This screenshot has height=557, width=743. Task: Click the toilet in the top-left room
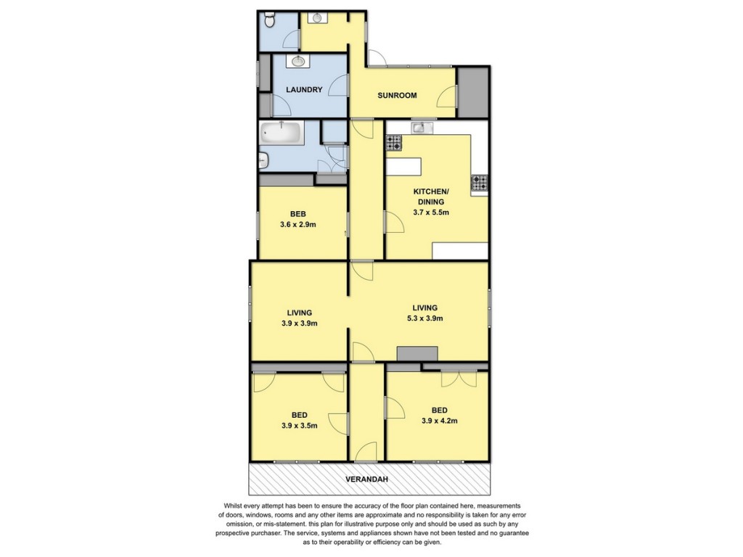(268, 21)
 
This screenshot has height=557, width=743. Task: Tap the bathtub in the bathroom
(282, 133)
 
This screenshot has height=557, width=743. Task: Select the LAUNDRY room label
(304, 89)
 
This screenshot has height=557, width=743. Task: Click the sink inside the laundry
(297, 61)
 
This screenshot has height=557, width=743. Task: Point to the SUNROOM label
(397, 95)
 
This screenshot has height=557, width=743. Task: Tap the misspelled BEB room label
(298, 214)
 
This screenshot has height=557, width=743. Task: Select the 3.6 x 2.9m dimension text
(298, 225)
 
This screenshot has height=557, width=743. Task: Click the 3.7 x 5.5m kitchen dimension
(431, 213)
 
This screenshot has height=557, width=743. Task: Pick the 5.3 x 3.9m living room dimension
(425, 318)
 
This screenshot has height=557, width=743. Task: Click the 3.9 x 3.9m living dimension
(299, 323)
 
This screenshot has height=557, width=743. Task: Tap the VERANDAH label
(366, 479)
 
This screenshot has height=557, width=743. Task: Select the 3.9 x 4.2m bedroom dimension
(439, 421)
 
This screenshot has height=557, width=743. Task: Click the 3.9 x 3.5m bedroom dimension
(299, 426)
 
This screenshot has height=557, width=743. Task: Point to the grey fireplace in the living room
(417, 354)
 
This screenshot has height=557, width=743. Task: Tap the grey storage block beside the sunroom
(472, 92)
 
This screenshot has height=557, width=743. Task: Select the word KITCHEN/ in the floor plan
(431, 191)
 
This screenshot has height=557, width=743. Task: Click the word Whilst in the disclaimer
(233, 506)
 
